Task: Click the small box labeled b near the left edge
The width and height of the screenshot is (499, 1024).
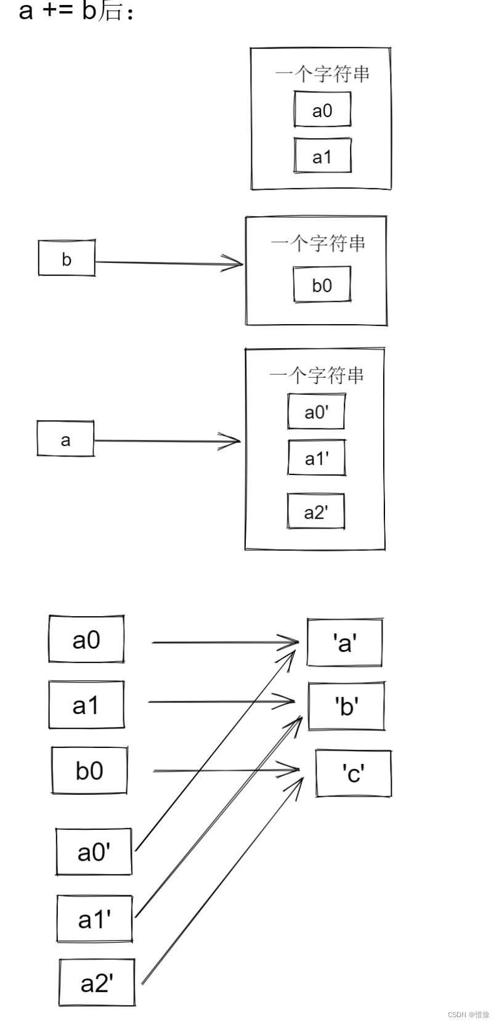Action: click(67, 258)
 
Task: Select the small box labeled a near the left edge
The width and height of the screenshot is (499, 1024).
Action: click(65, 439)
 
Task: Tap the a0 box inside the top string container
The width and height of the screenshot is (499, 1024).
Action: click(322, 110)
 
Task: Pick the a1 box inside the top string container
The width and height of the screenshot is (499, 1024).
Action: click(322, 156)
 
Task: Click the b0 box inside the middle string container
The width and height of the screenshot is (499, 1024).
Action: click(322, 284)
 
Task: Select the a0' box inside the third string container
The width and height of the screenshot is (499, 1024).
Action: click(316, 411)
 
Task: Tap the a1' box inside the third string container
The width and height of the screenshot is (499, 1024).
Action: click(317, 458)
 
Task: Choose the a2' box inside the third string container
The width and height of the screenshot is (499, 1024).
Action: click(316, 511)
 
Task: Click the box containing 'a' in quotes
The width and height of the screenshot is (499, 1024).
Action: click(345, 643)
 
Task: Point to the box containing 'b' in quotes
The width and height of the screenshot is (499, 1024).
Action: click(347, 705)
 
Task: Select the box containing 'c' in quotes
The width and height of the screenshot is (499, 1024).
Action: click(353, 773)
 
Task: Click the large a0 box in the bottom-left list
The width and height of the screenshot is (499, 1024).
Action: click(86, 639)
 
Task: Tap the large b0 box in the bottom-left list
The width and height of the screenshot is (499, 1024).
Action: click(89, 770)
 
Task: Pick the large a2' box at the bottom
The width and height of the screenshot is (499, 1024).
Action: click(97, 982)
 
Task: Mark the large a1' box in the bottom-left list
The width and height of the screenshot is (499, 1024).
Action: click(94, 919)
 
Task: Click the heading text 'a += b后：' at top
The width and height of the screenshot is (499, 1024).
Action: click(76, 10)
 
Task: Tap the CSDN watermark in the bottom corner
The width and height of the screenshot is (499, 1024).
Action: click(468, 1014)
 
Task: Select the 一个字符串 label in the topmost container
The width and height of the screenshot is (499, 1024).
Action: click(322, 74)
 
